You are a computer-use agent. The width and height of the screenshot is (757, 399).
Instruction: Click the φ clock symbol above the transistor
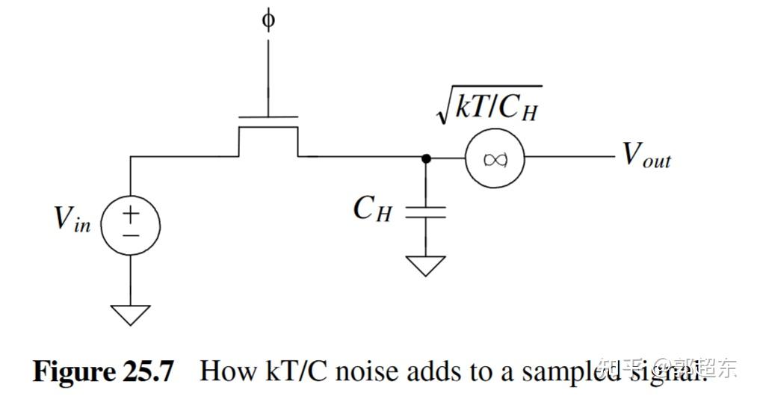[268, 19]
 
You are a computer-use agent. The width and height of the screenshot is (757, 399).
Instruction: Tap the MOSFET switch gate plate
[268, 117]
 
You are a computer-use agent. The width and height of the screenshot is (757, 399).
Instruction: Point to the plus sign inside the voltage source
[130, 214]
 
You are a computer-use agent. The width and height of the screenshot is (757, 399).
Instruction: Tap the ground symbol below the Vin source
[130, 315]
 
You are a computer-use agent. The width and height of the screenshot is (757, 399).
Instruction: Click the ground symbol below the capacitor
[425, 266]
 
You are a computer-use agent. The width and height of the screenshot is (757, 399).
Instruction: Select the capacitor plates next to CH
[425, 213]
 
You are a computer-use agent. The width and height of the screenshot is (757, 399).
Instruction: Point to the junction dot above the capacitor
[425, 158]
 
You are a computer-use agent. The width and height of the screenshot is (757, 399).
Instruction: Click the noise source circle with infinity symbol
[494, 158]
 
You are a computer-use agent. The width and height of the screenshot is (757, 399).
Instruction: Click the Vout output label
[647, 155]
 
